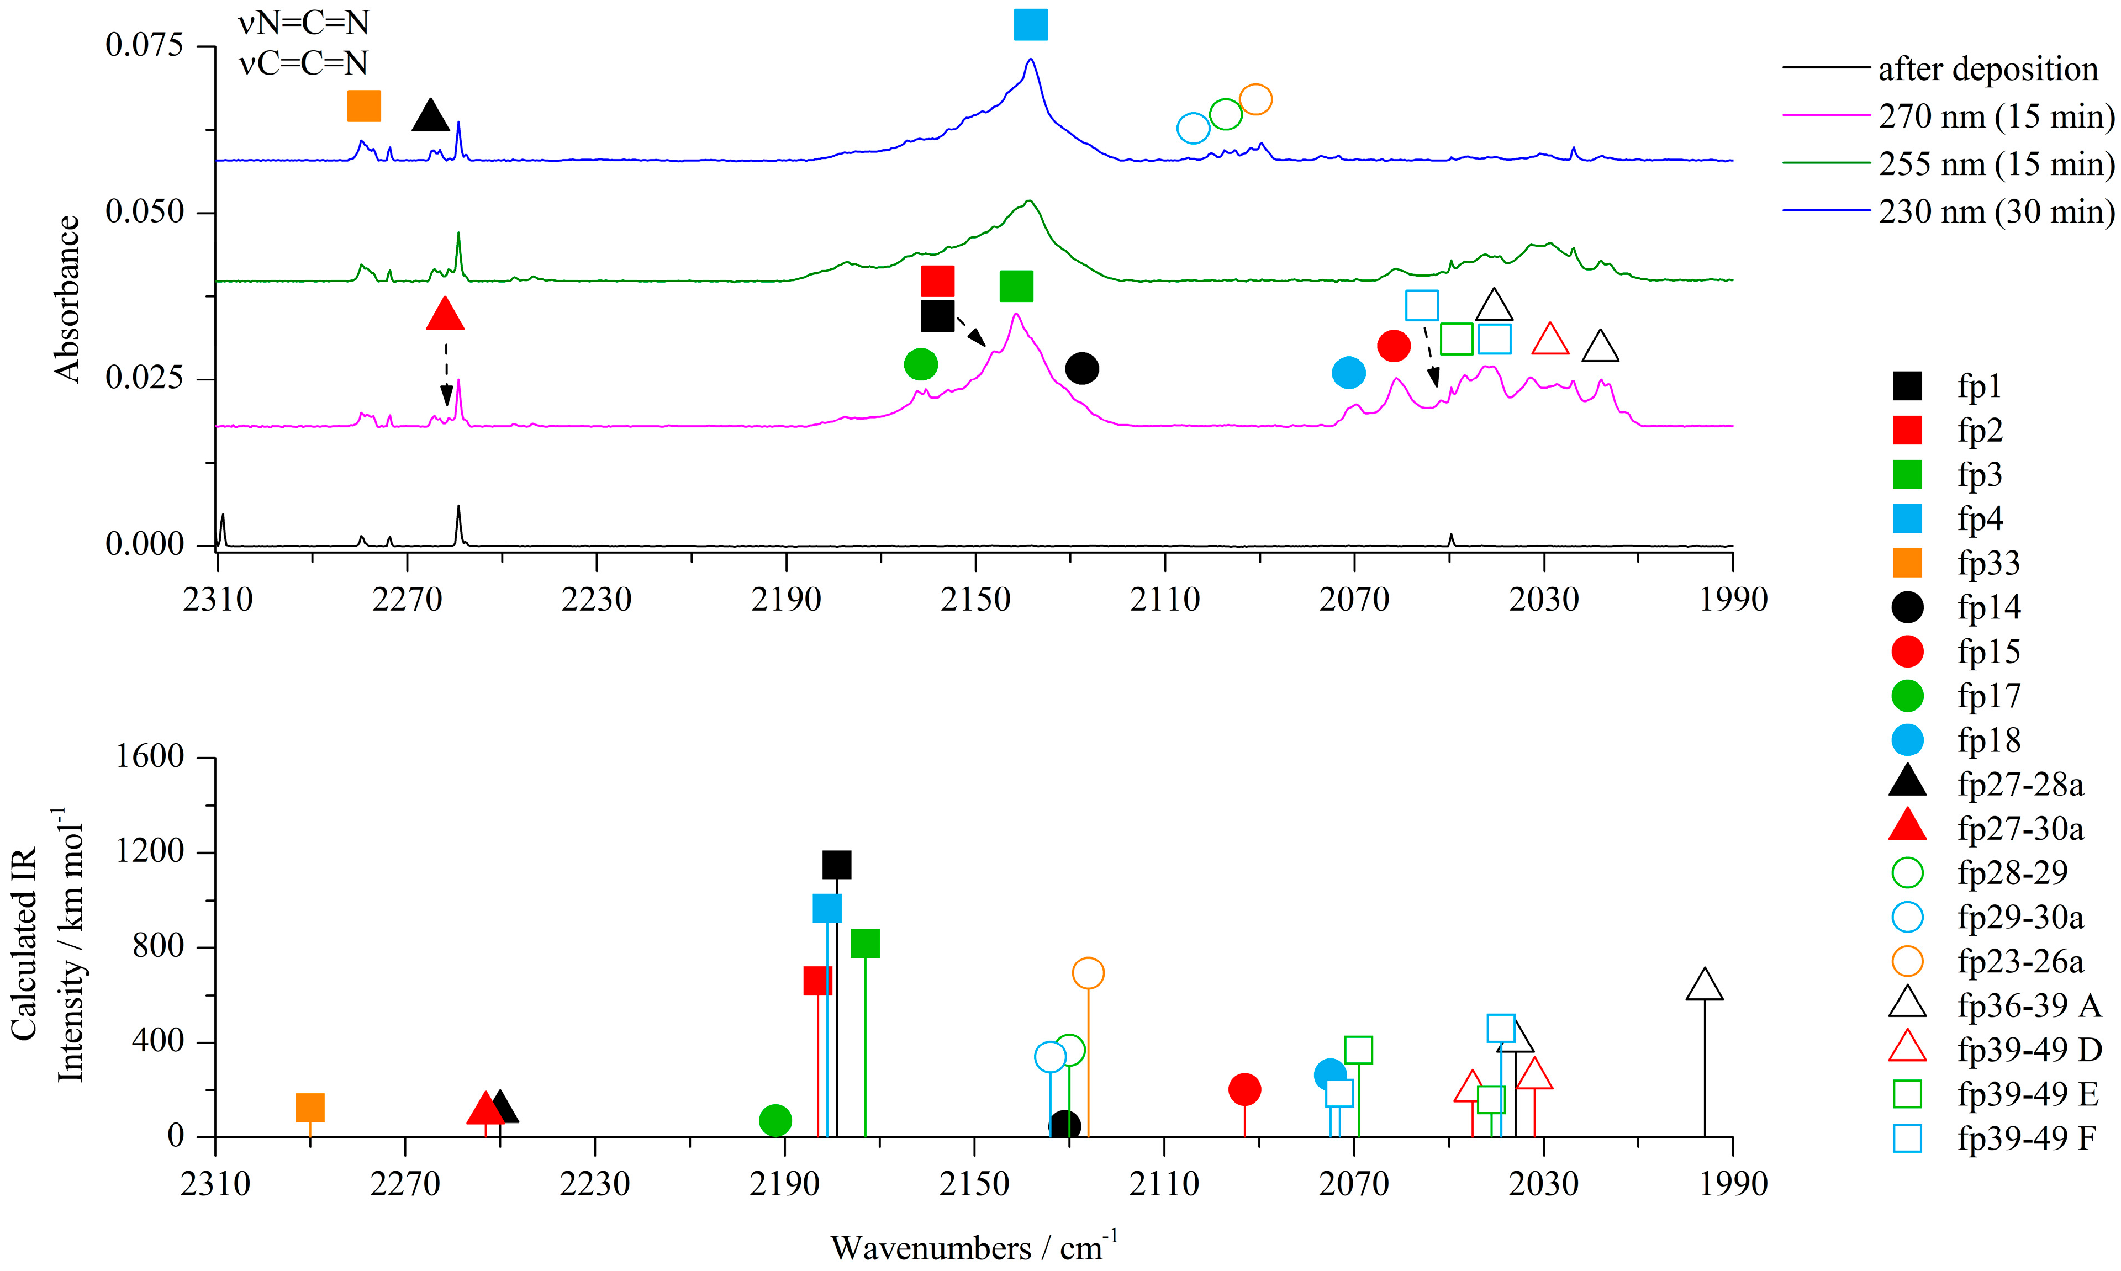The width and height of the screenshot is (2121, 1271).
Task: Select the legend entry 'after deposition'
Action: coord(1987,68)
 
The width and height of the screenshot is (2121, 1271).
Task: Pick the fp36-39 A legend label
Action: coord(2029,1005)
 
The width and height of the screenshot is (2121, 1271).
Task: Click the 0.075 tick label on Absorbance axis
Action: coord(145,45)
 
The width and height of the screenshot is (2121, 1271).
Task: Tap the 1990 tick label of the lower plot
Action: coord(1733,1184)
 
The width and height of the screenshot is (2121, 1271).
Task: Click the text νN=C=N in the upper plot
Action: coord(304,23)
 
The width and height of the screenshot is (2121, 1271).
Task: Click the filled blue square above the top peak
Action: coord(1030,25)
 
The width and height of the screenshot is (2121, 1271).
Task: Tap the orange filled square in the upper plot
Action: coord(364,106)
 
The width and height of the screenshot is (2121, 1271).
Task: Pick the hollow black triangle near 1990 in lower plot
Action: coord(1704,985)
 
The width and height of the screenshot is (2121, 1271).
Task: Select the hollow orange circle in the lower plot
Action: coord(1088,973)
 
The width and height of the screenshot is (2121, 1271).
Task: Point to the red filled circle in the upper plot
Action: coord(1394,346)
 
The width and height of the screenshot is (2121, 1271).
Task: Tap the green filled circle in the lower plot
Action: coord(775,1119)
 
